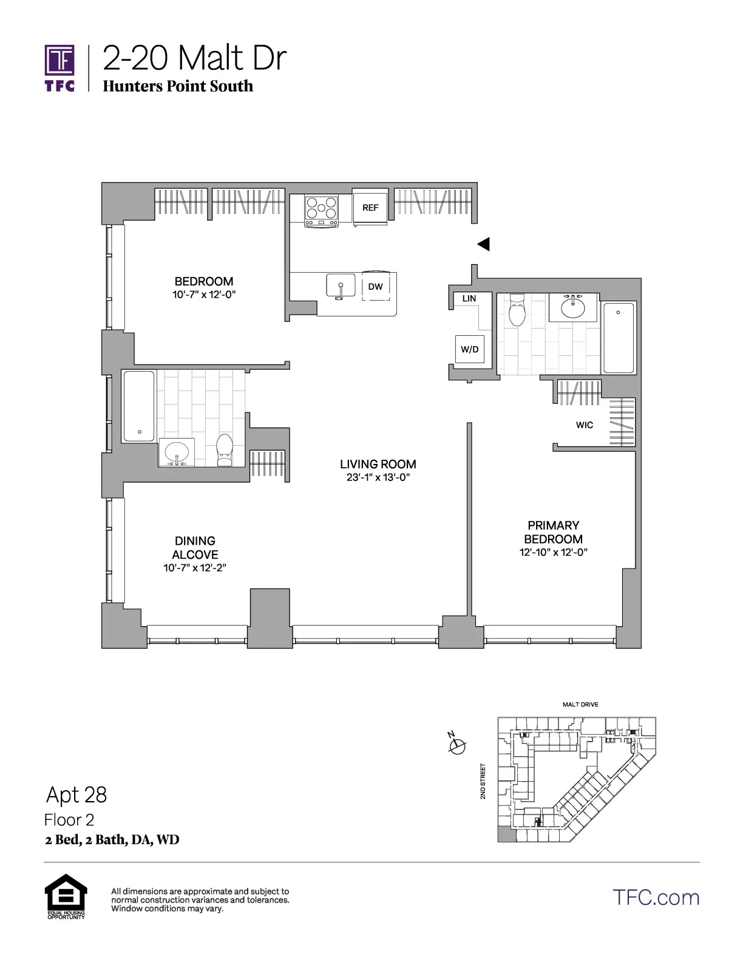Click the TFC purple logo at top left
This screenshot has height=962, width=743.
(x=59, y=67)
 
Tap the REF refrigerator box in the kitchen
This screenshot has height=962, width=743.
(x=370, y=208)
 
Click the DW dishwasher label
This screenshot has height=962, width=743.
(x=376, y=287)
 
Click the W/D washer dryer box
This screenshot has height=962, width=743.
(x=470, y=349)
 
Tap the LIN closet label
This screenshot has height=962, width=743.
(x=469, y=299)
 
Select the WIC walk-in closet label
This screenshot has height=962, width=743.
(x=585, y=425)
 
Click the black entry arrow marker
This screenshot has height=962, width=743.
(x=483, y=244)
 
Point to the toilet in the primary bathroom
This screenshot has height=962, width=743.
(x=517, y=310)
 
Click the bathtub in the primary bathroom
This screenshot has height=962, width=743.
(x=619, y=338)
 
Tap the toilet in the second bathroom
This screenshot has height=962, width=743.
(x=225, y=449)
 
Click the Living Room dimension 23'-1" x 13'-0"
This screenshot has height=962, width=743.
(x=378, y=477)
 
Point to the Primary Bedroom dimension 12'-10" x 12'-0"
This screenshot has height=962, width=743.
(x=553, y=553)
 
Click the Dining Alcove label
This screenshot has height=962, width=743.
(x=195, y=547)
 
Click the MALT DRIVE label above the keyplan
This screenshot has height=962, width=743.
(x=580, y=704)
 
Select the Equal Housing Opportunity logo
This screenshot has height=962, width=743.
(x=66, y=896)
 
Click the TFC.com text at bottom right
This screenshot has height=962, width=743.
(x=656, y=898)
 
